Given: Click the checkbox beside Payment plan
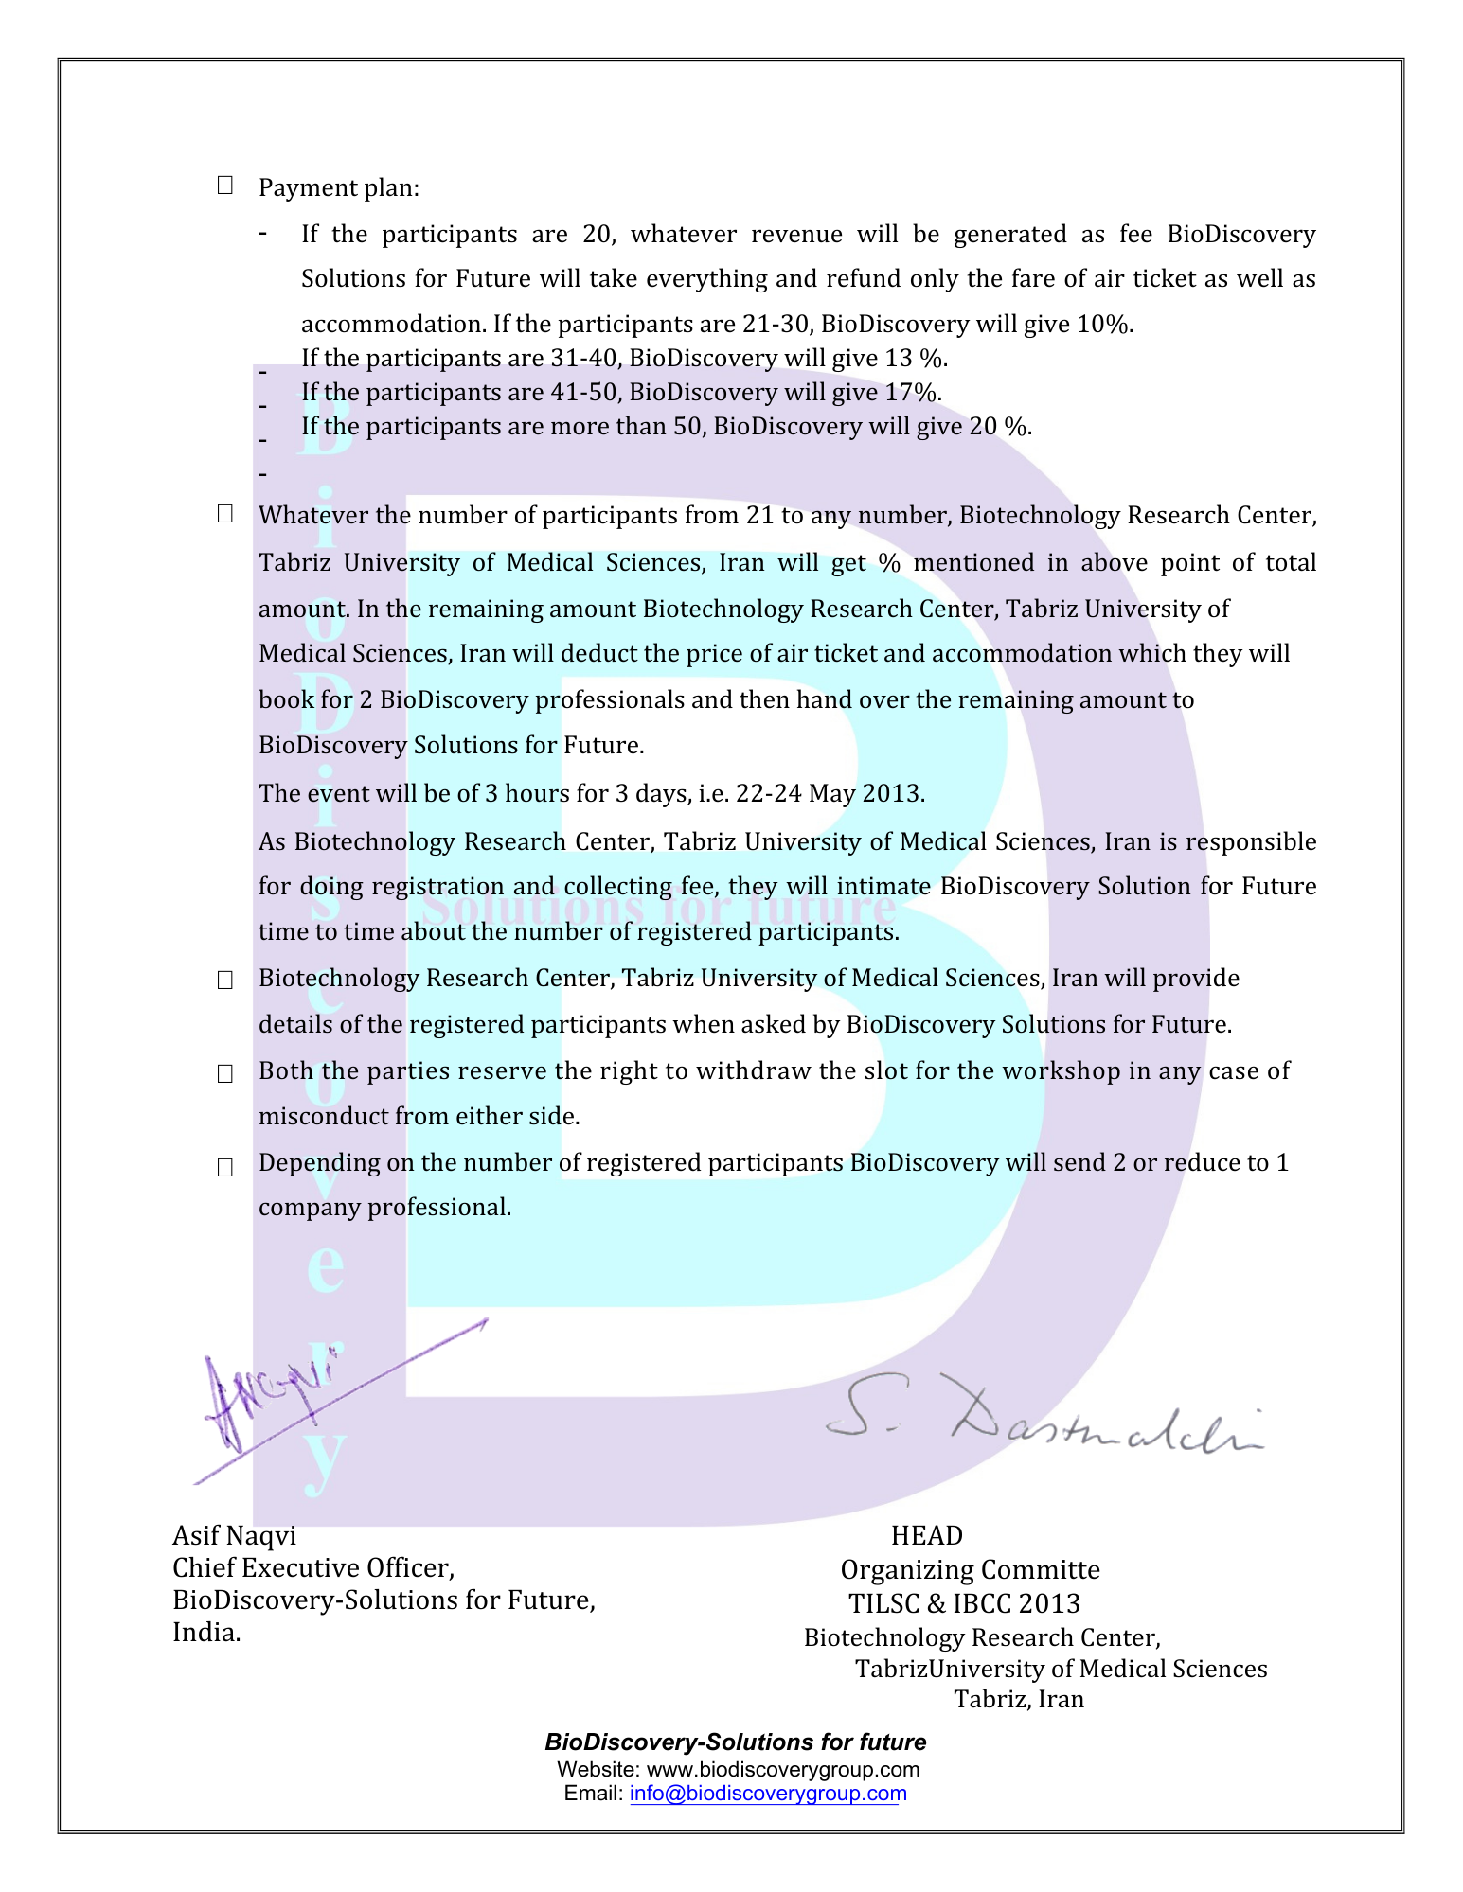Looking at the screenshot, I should pyautogui.click(x=224, y=186).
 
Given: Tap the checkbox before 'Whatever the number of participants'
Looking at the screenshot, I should pyautogui.click(x=224, y=514).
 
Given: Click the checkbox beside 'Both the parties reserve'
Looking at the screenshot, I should pyautogui.click(x=224, y=1073).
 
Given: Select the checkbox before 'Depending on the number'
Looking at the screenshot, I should pyautogui.click(x=224, y=1167).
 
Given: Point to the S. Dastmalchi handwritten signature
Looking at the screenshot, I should pyautogui.click(x=1042, y=1421).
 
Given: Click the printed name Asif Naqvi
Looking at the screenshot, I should pyautogui.click(x=234, y=1535).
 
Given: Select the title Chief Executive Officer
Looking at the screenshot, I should pyautogui.click(x=313, y=1568).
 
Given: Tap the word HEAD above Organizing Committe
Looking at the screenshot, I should pyautogui.click(x=926, y=1535).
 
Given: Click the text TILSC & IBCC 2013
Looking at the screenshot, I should pyautogui.click(x=964, y=1603).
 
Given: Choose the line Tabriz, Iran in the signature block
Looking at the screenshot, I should pyautogui.click(x=1018, y=1699).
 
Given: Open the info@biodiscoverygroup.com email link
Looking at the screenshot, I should pyautogui.click(x=768, y=1793).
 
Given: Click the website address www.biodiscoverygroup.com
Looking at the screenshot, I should pyautogui.click(x=782, y=1769).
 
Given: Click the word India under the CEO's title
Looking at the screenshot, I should pyautogui.click(x=205, y=1633).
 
